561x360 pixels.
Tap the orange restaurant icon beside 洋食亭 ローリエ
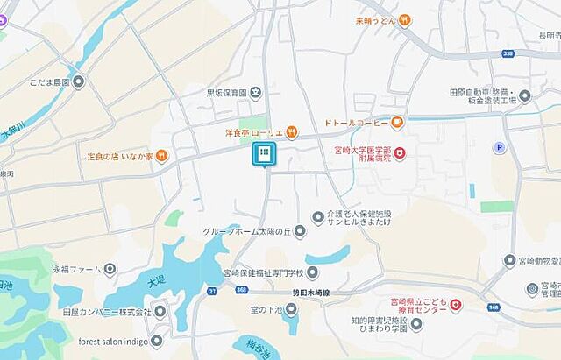[292, 132]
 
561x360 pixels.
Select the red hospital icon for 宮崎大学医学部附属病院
[400, 154]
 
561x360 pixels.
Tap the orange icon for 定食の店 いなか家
[162, 157]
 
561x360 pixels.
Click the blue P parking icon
[501, 148]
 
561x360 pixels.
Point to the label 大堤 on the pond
[156, 281]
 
